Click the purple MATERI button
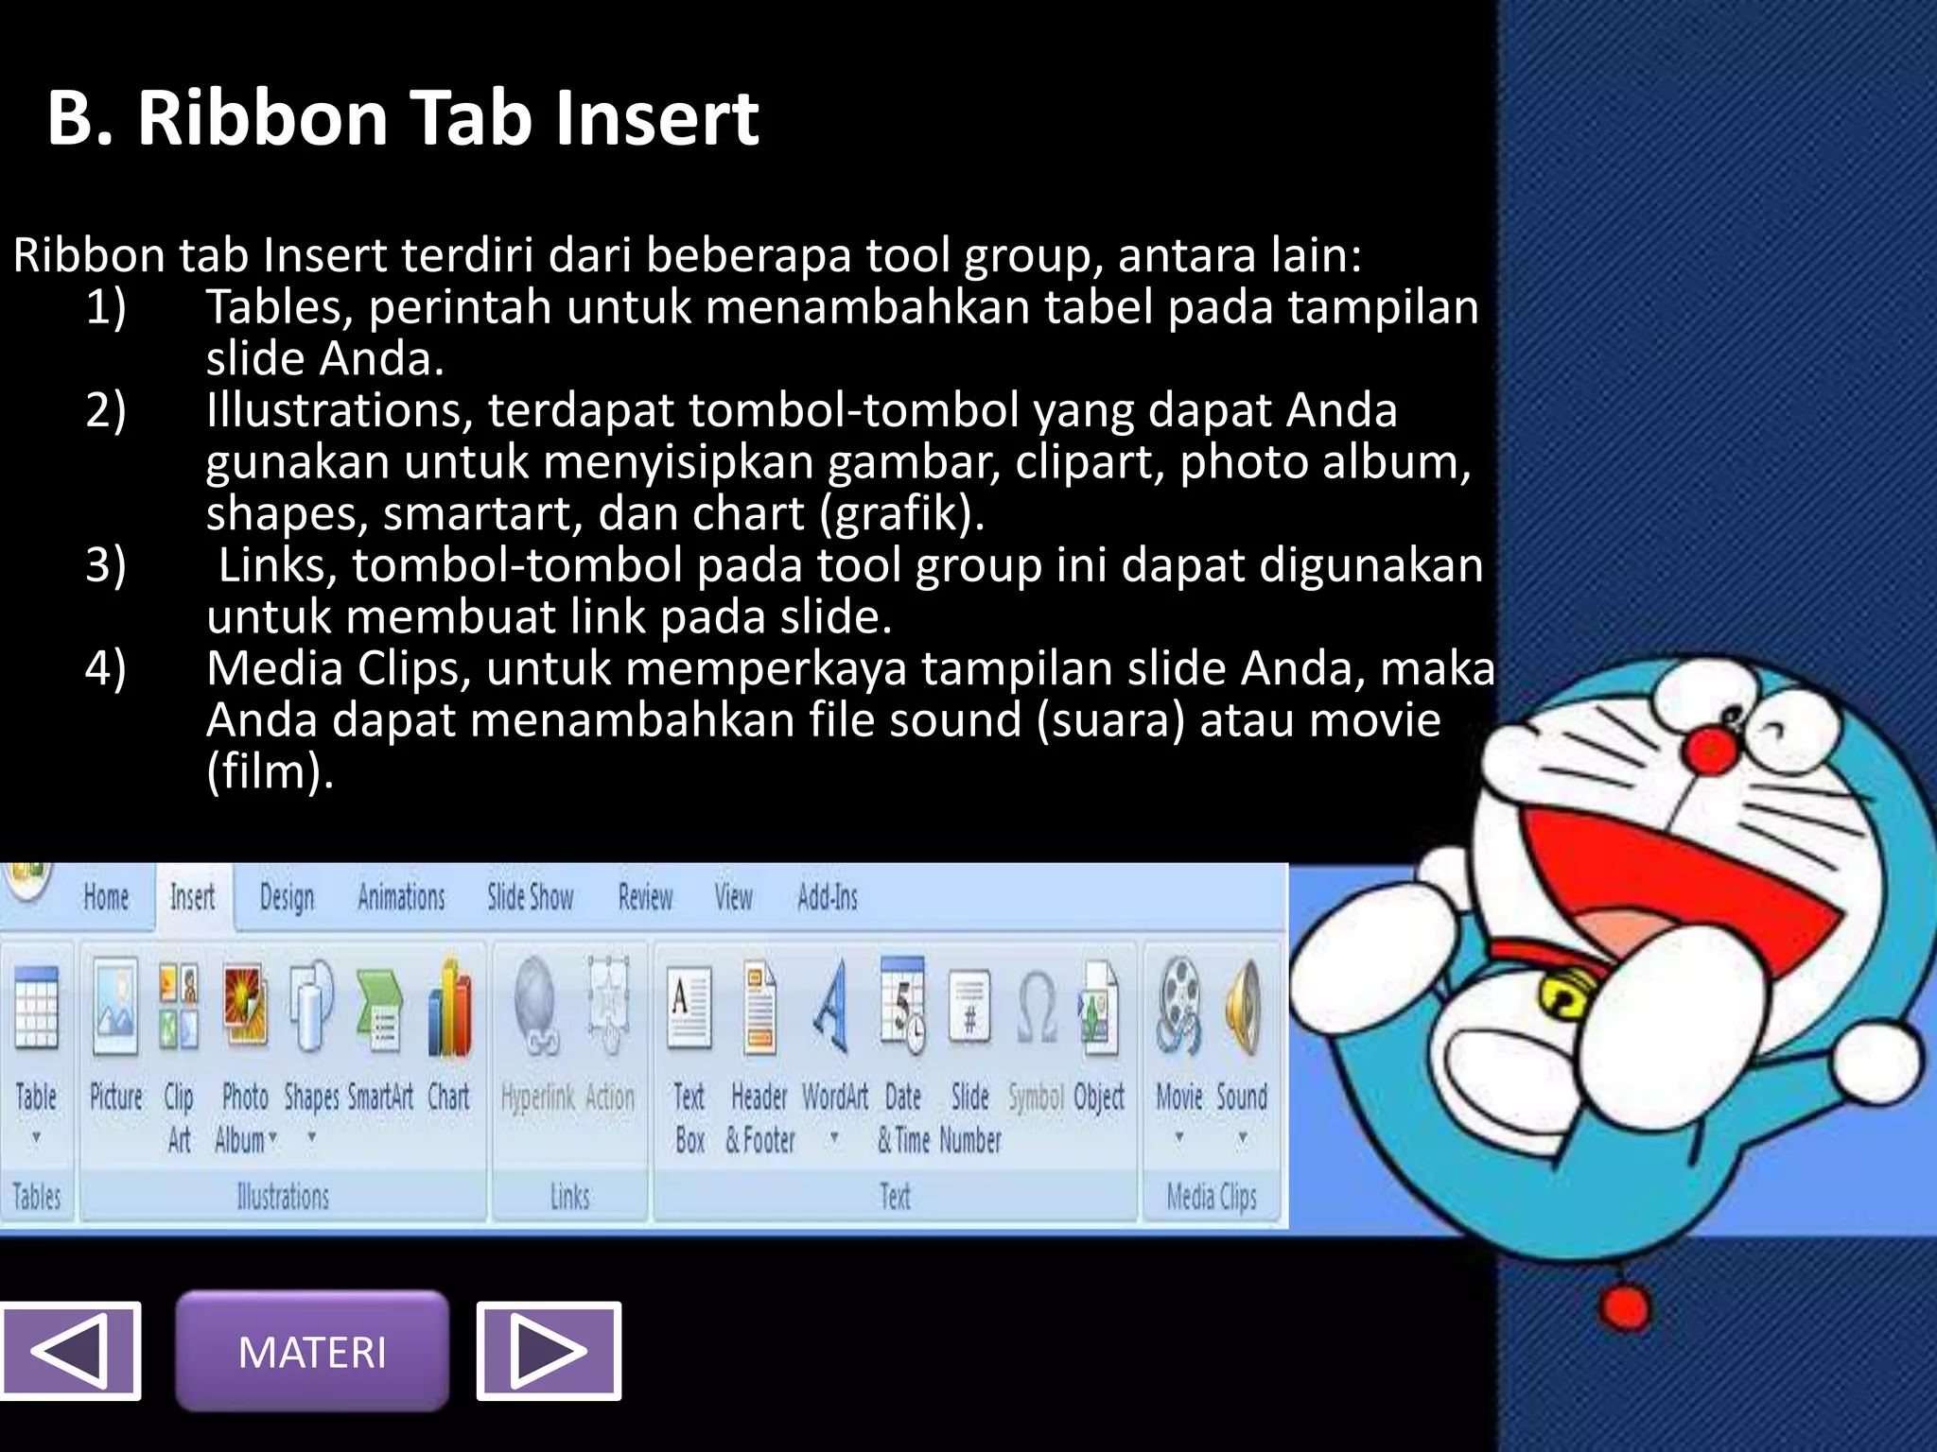312,1351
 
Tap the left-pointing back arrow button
70,1351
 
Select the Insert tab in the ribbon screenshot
192,896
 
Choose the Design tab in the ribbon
287,896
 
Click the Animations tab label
401,896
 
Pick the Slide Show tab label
530,896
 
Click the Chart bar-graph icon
449,1010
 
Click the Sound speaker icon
1243,1007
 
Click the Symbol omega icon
1036,1010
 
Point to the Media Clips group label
1212,1197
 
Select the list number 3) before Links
106,564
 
